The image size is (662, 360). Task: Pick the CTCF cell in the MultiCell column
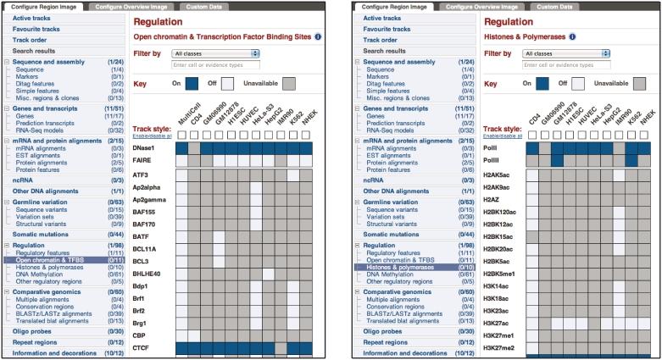coord(182,347)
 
